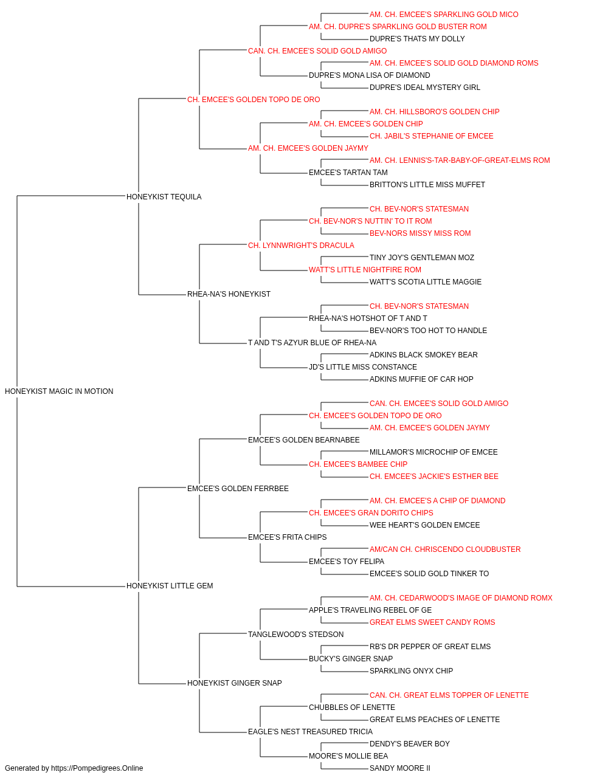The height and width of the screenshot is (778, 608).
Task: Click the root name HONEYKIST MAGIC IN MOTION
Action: [x=59, y=391]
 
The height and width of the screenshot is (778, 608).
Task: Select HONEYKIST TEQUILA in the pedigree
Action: [x=164, y=197]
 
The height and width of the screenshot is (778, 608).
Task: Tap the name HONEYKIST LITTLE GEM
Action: [x=170, y=586]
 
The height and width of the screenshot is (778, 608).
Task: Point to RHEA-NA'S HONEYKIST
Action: [x=229, y=294]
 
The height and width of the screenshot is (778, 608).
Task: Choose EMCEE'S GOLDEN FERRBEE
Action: [x=238, y=489]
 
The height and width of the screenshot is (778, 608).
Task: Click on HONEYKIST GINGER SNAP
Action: [x=235, y=683]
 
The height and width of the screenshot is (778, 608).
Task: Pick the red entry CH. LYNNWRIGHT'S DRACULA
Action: [x=301, y=246]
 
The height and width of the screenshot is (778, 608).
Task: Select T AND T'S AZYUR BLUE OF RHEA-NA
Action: [x=313, y=343]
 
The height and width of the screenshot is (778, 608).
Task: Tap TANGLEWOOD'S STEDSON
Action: [x=295, y=635]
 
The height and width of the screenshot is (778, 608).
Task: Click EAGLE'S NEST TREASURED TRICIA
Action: [x=311, y=732]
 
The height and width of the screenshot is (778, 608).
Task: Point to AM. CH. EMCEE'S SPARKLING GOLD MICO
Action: [x=444, y=15]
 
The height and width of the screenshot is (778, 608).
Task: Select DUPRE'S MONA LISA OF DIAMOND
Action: [x=370, y=75]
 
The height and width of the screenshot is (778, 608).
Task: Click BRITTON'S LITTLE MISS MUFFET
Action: [x=427, y=185]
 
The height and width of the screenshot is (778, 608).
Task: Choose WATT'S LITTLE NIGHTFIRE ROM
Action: [x=365, y=270]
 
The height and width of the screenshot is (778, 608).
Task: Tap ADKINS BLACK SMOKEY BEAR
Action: [x=424, y=355]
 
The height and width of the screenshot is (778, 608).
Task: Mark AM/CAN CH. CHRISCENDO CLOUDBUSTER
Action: [x=445, y=549]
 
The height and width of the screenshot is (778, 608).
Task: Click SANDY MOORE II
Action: [x=400, y=768]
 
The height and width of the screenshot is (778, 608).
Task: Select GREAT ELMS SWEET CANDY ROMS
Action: [x=432, y=622]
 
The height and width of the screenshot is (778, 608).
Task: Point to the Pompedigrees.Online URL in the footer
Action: [x=97, y=768]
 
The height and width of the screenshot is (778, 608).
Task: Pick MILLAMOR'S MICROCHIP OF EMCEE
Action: [x=434, y=452]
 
